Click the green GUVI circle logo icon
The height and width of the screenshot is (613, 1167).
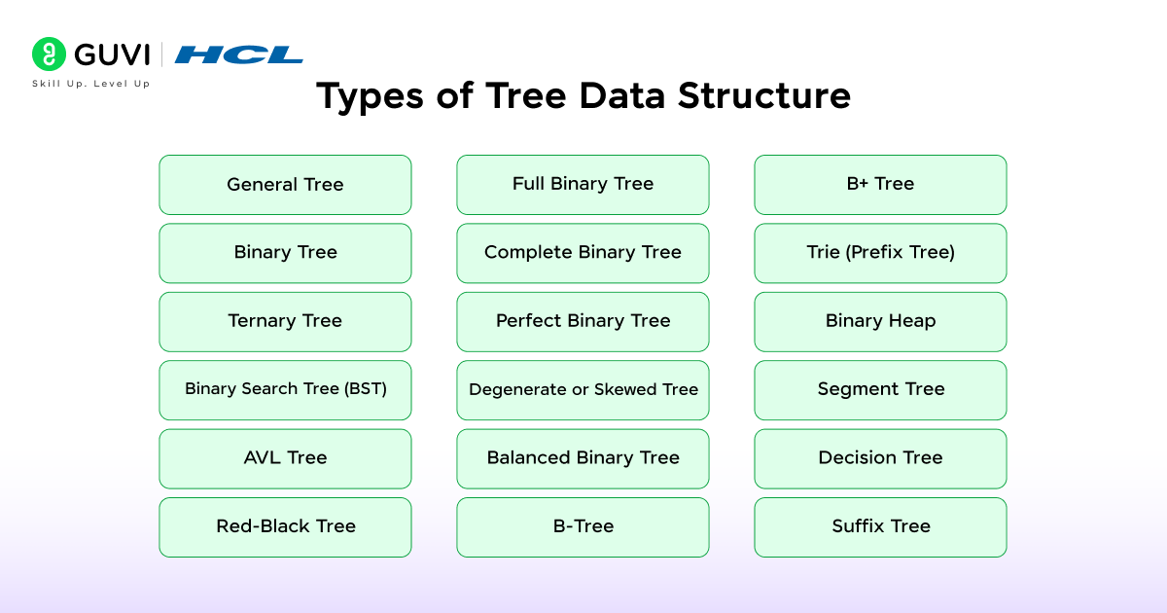(x=49, y=54)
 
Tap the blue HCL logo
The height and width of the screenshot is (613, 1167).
(x=238, y=54)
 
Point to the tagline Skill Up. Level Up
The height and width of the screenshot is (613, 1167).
(x=90, y=84)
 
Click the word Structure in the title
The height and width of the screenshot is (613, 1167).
(x=764, y=96)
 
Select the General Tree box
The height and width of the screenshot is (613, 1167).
(x=285, y=185)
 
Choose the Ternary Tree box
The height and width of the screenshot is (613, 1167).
(x=285, y=322)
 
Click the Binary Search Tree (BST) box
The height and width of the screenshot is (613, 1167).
(x=285, y=390)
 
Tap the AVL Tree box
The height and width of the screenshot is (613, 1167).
(x=285, y=458)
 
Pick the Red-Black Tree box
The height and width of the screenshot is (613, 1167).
(x=285, y=527)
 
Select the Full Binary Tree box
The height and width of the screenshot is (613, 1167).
(x=583, y=185)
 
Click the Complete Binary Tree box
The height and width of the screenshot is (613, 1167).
(x=583, y=253)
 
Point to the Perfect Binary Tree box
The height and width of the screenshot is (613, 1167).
(x=583, y=322)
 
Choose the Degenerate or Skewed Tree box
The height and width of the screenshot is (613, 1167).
(x=583, y=390)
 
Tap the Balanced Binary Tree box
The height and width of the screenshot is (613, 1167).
(x=583, y=458)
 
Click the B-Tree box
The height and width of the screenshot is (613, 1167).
(x=583, y=527)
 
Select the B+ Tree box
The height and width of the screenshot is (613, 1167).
(x=880, y=185)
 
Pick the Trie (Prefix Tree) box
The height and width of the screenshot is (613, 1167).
(x=880, y=253)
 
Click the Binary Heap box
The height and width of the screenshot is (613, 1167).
(x=880, y=322)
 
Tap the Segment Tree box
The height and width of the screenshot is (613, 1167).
(x=880, y=390)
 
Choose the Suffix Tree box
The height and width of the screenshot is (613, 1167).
(x=880, y=527)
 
